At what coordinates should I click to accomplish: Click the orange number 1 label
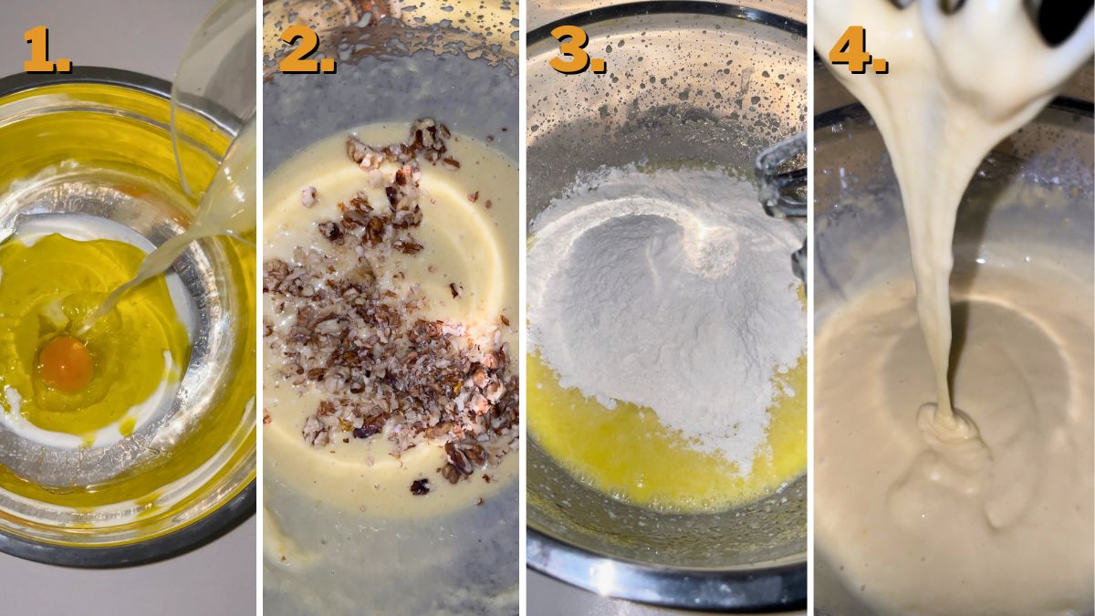[x=46, y=49]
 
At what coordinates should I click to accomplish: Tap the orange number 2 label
[x=307, y=49]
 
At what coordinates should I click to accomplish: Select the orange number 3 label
[x=577, y=49]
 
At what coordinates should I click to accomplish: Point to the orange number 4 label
[x=857, y=49]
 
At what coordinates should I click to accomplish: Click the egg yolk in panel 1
[x=65, y=362]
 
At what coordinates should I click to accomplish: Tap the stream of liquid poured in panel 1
[x=155, y=274]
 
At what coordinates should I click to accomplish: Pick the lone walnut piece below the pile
[x=419, y=486]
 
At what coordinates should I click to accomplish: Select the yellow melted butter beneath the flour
[x=620, y=438]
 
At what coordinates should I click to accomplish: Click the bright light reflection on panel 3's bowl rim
[x=607, y=575]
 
